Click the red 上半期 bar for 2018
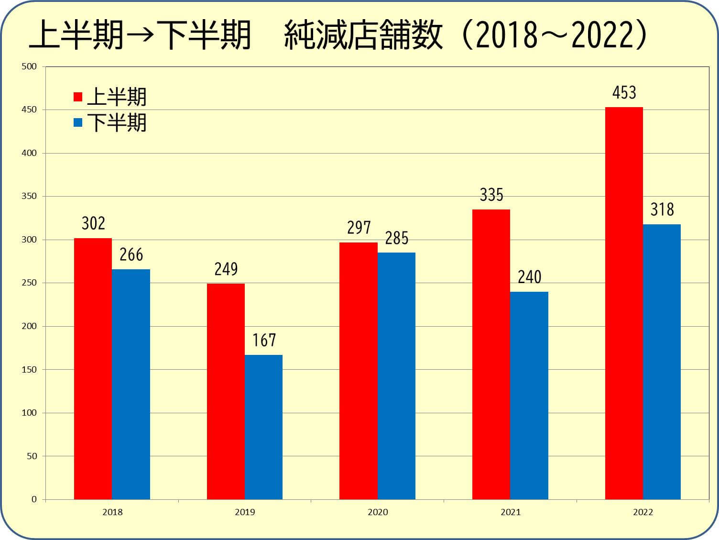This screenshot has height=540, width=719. point(93,368)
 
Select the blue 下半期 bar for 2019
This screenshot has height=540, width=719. point(263,427)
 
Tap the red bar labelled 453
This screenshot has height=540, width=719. point(624,303)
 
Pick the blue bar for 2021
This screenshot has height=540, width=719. point(529,395)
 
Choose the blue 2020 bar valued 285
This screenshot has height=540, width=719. point(396,375)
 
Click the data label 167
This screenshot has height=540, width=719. point(264,340)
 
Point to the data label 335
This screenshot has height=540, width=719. point(491,195)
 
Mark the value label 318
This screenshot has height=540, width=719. point(662,209)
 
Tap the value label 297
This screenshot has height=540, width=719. point(359,228)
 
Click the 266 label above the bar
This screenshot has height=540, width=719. point(131,254)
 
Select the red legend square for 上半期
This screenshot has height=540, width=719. point(78,97)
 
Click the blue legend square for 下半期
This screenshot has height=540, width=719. point(78,122)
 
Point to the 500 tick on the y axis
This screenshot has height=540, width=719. point(29,66)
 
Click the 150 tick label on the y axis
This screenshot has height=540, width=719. point(29,369)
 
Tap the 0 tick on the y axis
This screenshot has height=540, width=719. point(34,499)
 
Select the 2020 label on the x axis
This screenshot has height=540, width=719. point(378,512)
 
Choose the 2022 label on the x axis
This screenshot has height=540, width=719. point(643,512)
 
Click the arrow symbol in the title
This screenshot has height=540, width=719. point(141,36)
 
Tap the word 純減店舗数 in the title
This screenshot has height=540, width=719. point(363,36)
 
